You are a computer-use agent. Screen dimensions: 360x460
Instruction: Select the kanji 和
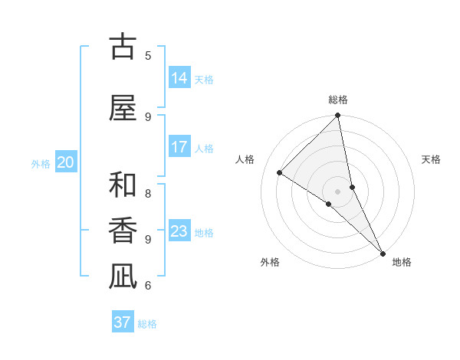123,185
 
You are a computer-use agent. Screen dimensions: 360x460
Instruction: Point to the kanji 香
123,231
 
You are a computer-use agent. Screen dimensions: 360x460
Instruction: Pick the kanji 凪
123,276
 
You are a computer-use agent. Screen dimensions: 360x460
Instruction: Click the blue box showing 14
179,78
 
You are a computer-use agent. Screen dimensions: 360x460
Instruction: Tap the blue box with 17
179,147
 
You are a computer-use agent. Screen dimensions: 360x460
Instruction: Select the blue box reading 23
179,231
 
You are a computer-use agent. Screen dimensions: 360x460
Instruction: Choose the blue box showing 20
66,162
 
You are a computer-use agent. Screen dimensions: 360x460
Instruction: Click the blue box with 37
123,322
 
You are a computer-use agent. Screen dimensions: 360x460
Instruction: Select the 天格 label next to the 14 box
204,79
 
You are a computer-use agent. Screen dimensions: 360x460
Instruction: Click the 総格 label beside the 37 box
147,324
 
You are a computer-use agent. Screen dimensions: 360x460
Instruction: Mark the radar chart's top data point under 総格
337,116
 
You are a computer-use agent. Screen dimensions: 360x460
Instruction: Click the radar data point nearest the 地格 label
383,253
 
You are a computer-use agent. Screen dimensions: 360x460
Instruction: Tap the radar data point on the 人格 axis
280,173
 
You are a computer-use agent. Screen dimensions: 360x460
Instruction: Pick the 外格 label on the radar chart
269,262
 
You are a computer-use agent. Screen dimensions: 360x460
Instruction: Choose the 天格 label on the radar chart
432,159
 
